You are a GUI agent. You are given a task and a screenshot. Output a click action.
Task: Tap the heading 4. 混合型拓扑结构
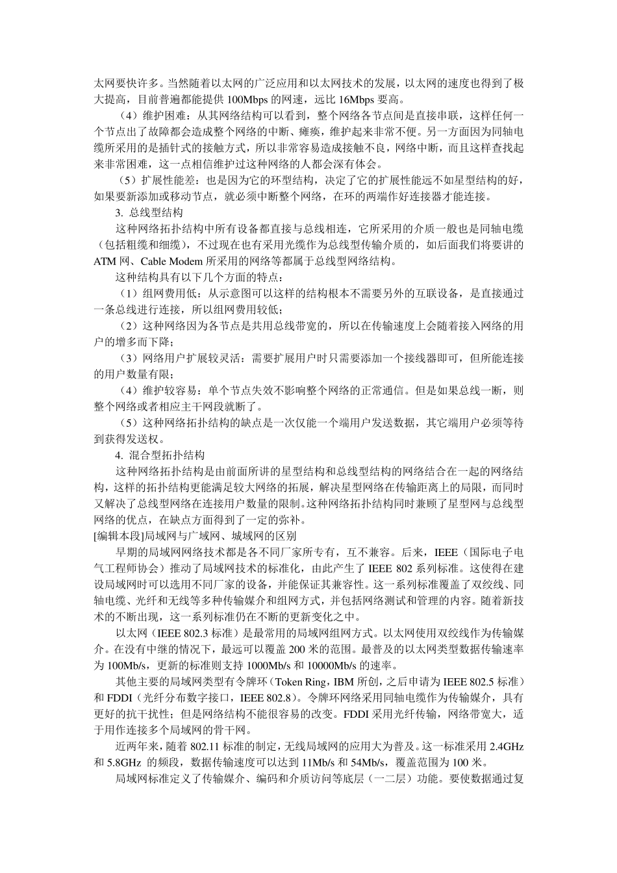(x=159, y=455)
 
